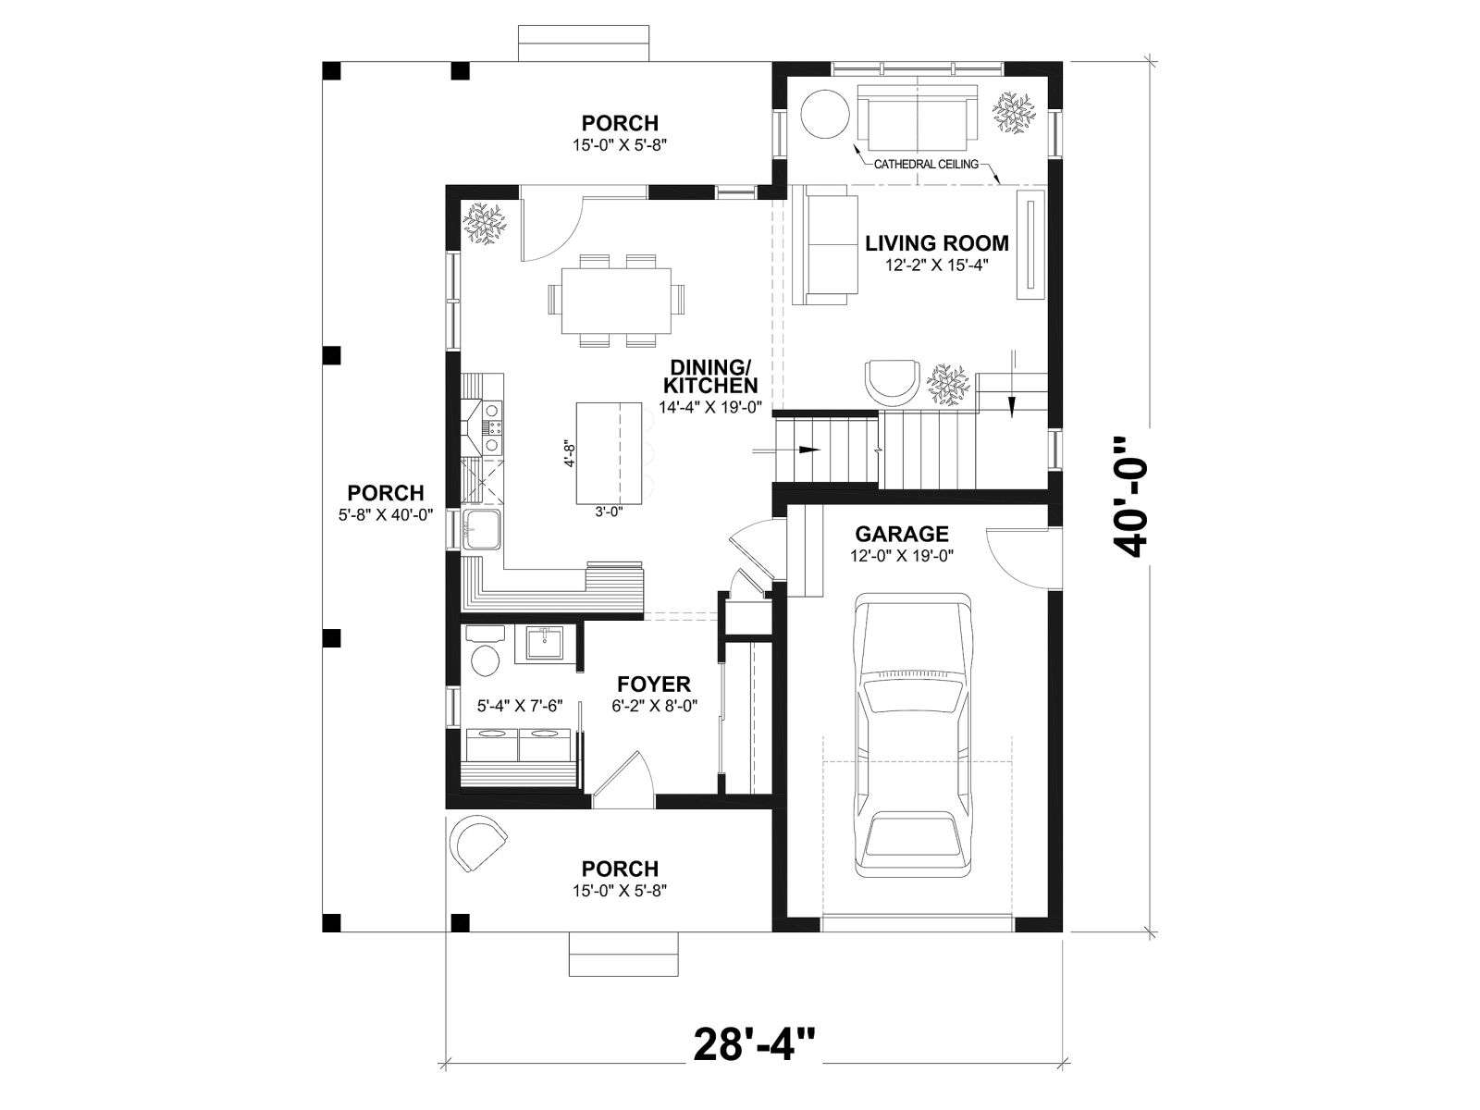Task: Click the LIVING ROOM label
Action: [936, 242]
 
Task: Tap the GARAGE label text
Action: [902, 534]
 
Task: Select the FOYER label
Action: [653, 684]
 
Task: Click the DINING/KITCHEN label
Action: [710, 376]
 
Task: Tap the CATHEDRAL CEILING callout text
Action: [926, 164]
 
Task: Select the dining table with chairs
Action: [616, 301]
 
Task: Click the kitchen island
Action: [609, 453]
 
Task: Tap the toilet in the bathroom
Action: [484, 651]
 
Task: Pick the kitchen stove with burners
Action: [484, 427]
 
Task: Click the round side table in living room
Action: [824, 115]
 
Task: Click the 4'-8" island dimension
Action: [569, 453]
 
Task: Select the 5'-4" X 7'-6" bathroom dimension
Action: [520, 706]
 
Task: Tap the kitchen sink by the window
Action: [481, 530]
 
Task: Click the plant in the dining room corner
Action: [484, 225]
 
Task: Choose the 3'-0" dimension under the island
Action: [609, 512]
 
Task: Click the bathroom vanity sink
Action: [544, 644]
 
